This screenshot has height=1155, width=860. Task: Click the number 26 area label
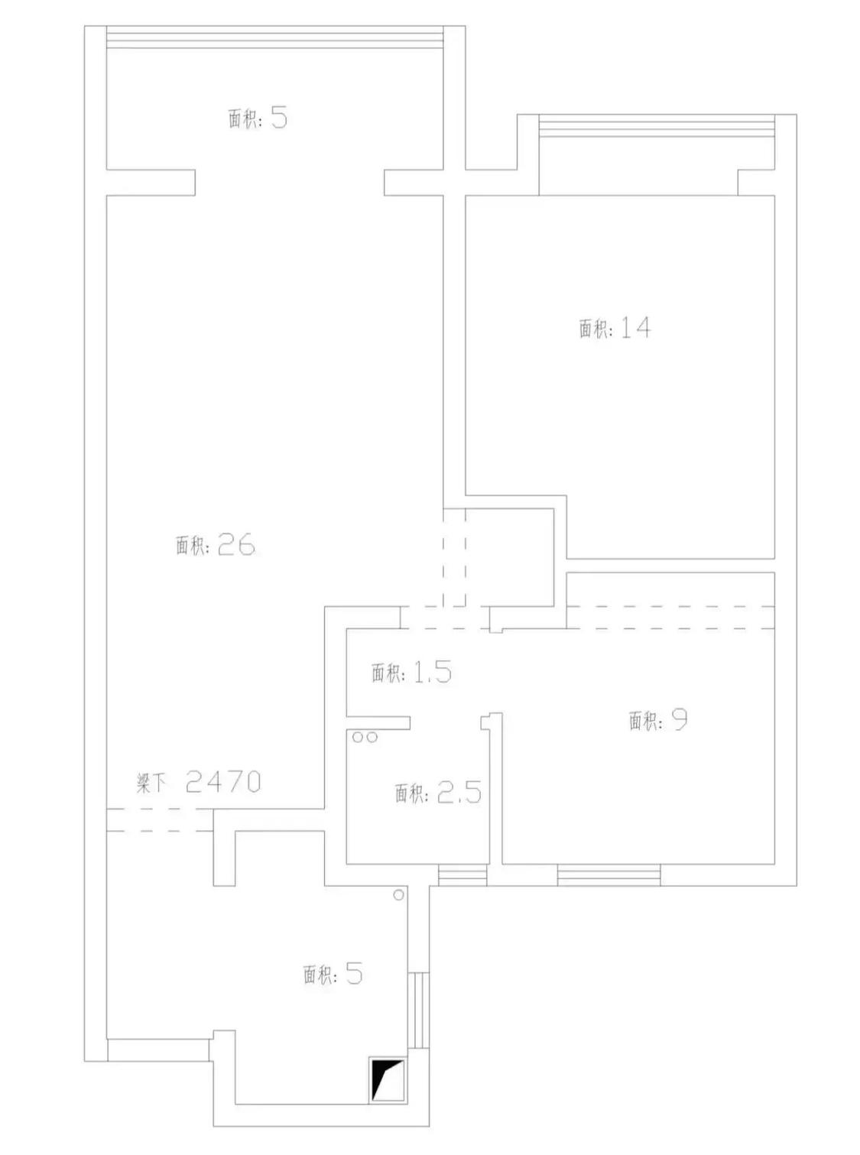[x=236, y=545]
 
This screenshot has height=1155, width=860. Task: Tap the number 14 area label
[x=635, y=328]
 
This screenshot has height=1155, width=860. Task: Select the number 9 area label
[x=680, y=720]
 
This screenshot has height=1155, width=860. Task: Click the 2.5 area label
[x=459, y=793]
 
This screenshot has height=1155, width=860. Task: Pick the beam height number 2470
[x=223, y=782]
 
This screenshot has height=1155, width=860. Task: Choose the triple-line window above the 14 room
[x=657, y=125]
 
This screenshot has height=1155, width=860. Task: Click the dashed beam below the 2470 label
[x=160, y=820]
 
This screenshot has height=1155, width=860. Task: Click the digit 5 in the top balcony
[x=279, y=118]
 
